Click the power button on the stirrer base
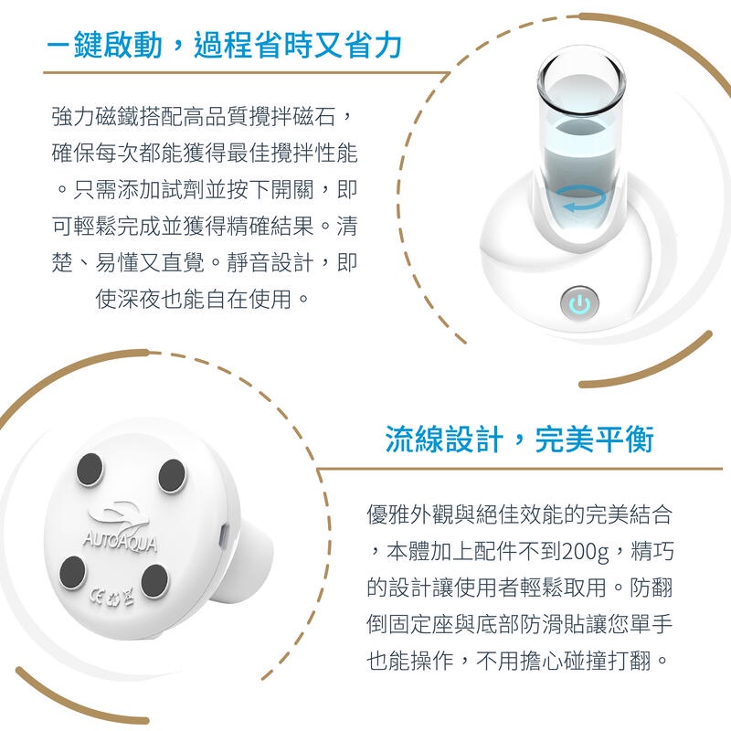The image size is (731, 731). click(x=579, y=302)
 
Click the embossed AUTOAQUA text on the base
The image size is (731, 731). click(x=121, y=541)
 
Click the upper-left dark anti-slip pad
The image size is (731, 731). click(x=90, y=468)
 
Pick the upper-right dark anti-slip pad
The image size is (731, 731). click(x=172, y=475)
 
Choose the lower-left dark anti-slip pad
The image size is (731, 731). click(x=73, y=572)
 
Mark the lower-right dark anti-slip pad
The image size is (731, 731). click(x=154, y=581)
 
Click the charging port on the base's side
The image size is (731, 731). click(x=224, y=535)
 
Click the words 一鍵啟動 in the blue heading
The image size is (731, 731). click(x=104, y=45)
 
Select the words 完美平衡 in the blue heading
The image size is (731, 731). click(x=594, y=440)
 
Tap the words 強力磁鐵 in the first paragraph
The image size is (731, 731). click(x=95, y=116)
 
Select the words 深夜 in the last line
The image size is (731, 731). click(x=139, y=299)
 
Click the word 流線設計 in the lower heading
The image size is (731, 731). click(x=444, y=440)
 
